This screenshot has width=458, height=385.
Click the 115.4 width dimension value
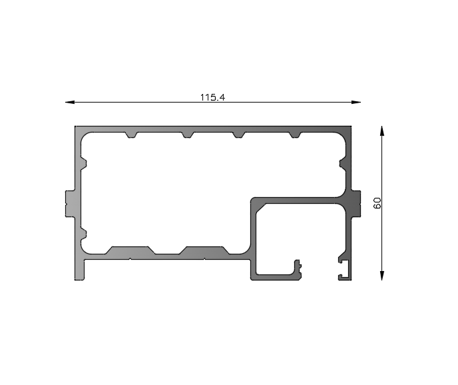point(213,97)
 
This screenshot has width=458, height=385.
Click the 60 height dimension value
point(377,202)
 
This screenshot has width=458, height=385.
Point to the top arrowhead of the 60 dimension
point(382,131)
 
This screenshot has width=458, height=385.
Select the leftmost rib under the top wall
point(132,136)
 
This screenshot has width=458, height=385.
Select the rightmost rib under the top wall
point(294,136)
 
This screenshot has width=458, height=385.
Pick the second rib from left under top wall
point(188,136)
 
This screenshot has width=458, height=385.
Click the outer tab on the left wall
point(69,202)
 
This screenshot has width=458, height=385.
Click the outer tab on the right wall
point(355,202)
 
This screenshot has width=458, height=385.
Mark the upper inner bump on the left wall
point(84,163)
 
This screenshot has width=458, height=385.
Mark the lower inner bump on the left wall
point(84,232)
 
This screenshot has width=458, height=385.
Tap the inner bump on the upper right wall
point(342,163)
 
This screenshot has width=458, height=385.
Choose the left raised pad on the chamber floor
point(130,250)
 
